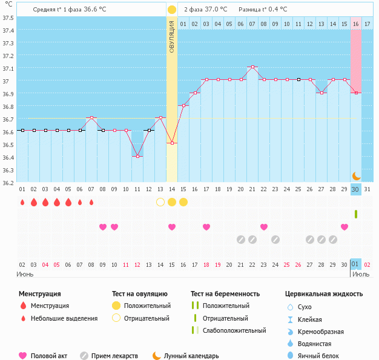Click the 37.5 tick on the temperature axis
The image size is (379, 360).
click(8, 18)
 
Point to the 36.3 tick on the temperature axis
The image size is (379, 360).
click(8, 170)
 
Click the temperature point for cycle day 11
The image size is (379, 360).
click(137, 156)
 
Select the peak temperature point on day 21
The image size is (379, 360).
click(252, 67)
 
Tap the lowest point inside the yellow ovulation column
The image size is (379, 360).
click(172, 143)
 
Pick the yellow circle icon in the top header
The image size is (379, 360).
click(172, 10)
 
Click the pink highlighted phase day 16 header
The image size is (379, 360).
click(356, 24)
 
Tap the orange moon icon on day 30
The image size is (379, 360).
click(357, 175)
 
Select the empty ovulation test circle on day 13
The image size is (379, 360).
click(160, 201)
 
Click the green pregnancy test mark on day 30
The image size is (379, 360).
click(356, 214)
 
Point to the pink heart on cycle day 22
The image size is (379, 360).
click(264, 227)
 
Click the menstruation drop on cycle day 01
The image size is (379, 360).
click(22, 202)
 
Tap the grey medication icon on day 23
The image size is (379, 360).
click(275, 240)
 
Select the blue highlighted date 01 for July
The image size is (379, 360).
click(356, 264)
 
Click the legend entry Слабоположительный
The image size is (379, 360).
click(234, 330)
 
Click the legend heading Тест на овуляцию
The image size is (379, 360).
click(141, 294)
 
